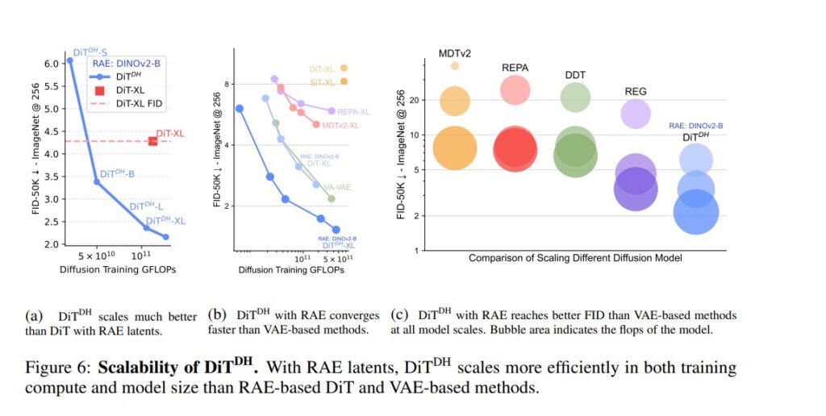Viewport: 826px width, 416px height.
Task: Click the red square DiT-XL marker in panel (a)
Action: [152, 141]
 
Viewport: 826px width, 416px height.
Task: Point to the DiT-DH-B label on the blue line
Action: [118, 174]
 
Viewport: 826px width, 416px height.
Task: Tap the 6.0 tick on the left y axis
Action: [52, 64]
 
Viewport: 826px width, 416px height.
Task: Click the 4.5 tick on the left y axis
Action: [52, 131]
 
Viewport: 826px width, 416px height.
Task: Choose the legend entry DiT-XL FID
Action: [138, 104]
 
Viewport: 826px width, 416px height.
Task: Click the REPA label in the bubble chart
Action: [515, 68]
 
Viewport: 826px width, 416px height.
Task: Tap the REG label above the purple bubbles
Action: [636, 92]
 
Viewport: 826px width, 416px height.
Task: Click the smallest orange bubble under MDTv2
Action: [455, 66]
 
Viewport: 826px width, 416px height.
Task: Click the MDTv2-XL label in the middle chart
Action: [340, 126]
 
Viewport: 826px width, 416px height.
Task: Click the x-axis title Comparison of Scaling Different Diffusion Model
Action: [575, 258]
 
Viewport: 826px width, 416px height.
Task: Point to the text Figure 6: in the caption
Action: [54, 368]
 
